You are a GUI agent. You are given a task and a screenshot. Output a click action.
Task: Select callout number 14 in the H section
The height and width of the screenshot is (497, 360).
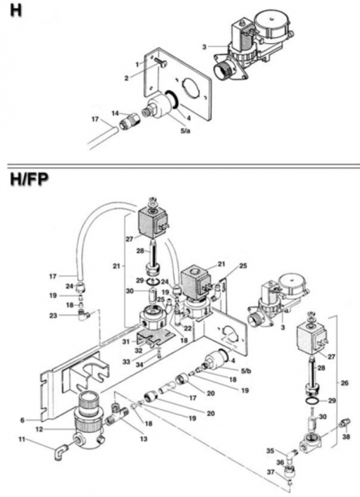point(116,112)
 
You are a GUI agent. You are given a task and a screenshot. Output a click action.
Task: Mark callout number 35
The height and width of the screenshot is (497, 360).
point(270,451)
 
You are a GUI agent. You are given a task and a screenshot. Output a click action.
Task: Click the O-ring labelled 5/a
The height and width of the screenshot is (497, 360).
point(173,102)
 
